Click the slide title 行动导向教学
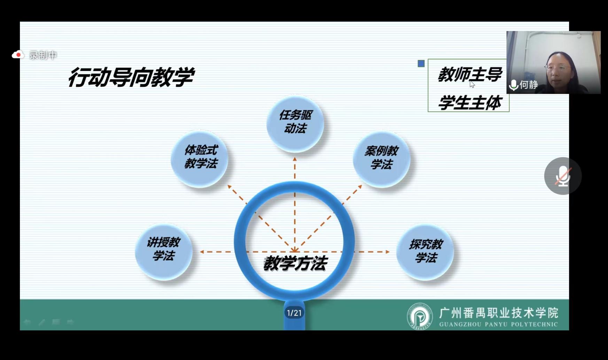tap(131, 77)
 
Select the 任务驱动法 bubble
tap(295, 124)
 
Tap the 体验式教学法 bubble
tap(200, 159)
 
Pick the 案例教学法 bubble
tap(381, 159)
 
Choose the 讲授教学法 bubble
tap(164, 252)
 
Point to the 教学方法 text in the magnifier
tap(295, 263)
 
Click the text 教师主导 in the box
tap(470, 75)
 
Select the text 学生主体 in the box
tap(470, 103)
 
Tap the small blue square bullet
tap(421, 63)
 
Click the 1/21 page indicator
tap(294, 313)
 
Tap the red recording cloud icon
tap(18, 55)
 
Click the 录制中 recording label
tap(43, 55)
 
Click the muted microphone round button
tap(563, 176)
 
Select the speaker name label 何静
tap(529, 85)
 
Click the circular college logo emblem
tap(420, 316)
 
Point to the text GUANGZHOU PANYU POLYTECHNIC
tap(499, 324)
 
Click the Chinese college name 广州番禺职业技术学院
tap(499, 313)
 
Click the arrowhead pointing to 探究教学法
tap(387, 252)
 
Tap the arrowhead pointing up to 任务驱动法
tap(295, 159)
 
